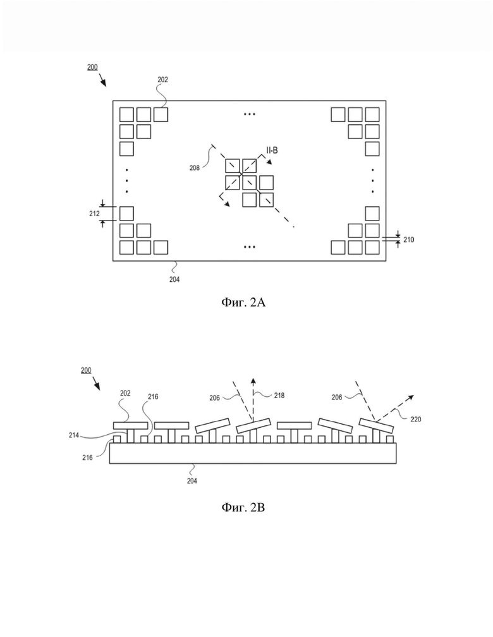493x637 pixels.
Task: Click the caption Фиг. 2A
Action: tap(243, 302)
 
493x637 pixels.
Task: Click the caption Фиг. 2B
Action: tap(243, 507)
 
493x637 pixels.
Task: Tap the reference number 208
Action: tap(195, 168)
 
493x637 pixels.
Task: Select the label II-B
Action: tap(272, 150)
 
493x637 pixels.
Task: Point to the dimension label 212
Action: tap(94, 214)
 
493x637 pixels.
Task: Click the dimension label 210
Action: tap(408, 240)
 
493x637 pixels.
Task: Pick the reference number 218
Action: tap(279, 396)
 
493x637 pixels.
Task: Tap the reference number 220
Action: tap(416, 419)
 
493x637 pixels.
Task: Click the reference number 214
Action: tap(74, 435)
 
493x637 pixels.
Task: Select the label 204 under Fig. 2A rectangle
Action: tap(174, 279)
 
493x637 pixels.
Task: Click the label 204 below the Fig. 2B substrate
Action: tap(192, 480)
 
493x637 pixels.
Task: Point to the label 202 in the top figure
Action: tap(162, 80)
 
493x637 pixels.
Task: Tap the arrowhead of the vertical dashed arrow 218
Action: tap(253, 380)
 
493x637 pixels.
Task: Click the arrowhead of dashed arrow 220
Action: tap(411, 396)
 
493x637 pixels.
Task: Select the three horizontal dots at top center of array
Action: tap(249, 114)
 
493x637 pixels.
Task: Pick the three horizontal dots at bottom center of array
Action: tap(249, 246)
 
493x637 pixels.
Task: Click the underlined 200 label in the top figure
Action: tap(92, 67)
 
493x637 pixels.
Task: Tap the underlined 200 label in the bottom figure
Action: tap(86, 370)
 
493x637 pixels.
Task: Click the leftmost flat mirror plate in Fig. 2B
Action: tap(130, 425)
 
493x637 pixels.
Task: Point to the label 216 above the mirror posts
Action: tap(153, 396)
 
